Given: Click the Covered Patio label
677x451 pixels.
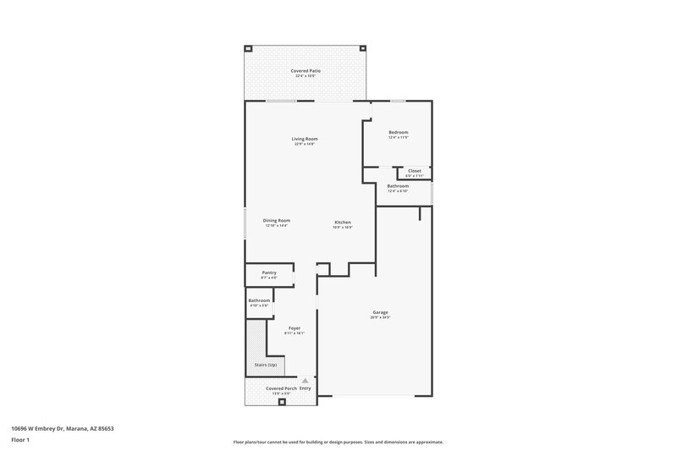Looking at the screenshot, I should click(305, 71).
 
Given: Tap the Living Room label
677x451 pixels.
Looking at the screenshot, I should click(305, 139).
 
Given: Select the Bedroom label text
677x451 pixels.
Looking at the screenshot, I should click(399, 133).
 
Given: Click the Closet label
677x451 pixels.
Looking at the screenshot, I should click(414, 171).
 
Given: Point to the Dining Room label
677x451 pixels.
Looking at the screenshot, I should click(277, 220).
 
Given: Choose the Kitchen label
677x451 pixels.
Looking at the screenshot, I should click(342, 222).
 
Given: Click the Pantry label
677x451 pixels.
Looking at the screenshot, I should click(269, 272).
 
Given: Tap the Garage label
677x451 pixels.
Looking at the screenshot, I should click(380, 312).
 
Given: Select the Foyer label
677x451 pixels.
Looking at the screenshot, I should click(294, 327).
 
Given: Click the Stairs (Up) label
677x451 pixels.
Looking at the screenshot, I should click(266, 365).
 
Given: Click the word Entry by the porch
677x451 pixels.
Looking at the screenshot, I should click(305, 388).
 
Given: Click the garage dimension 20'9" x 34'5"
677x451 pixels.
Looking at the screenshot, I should click(380, 318).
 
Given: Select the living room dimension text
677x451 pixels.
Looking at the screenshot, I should click(305, 144).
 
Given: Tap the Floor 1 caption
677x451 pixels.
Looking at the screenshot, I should click(20, 441).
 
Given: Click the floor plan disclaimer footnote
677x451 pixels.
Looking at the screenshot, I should click(338, 442).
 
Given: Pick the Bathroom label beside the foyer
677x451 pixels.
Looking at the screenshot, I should click(259, 300).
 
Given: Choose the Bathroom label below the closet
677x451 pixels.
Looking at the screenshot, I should click(398, 185).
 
